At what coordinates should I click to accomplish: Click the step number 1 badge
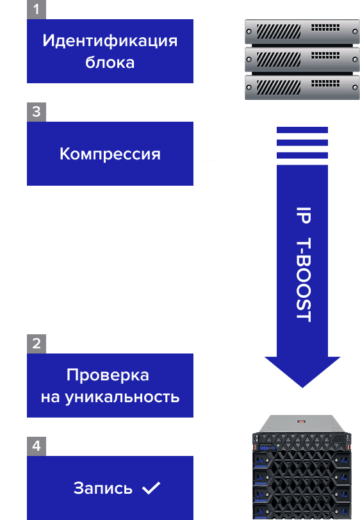37,10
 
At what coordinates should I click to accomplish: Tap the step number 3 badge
37,112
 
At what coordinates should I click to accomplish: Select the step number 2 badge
37,344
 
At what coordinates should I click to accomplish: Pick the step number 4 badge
37,446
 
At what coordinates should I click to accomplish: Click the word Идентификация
110,42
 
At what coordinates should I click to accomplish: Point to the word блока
110,62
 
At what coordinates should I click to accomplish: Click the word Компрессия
110,154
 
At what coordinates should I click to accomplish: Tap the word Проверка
108,375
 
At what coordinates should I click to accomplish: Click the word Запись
103,488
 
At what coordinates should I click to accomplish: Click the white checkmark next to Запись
151,488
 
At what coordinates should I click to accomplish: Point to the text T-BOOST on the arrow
303,280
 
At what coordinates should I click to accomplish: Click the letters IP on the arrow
303,216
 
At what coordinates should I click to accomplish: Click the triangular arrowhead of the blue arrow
302,371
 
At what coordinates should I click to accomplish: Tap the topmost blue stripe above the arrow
302,129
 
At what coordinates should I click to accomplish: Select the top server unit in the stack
302,32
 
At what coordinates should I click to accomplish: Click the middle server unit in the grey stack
302,60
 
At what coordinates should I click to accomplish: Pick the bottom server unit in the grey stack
302,88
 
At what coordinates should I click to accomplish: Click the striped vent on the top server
279,31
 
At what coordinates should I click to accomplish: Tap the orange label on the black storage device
300,421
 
